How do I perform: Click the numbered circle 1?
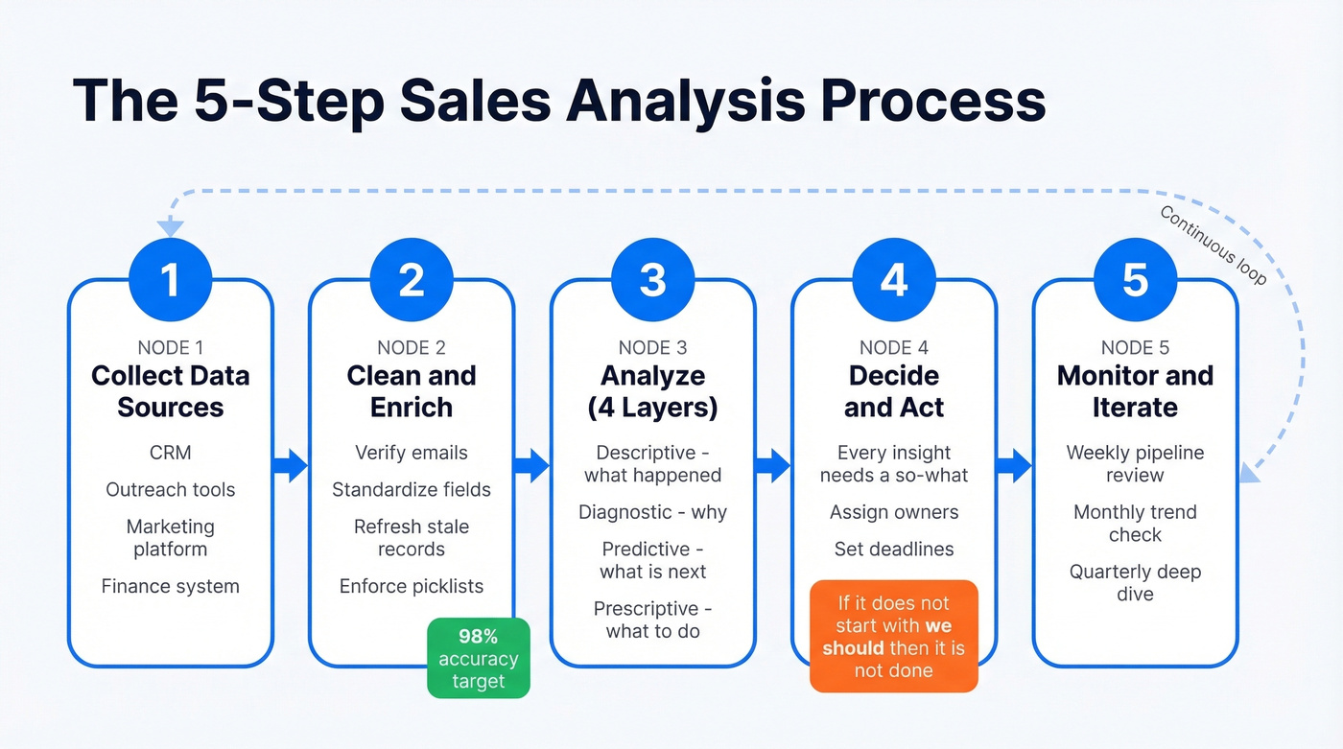(170, 280)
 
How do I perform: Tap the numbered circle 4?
(893, 280)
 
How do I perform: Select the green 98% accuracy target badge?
(478, 658)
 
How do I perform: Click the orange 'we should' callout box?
(893, 636)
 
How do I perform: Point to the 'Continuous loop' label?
(1213, 246)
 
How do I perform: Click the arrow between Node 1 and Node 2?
(291, 466)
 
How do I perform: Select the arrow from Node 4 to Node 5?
(1014, 466)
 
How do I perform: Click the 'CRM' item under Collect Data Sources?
(170, 452)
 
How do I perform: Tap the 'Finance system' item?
(170, 586)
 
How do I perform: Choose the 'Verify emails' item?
(412, 452)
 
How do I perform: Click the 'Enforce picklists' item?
(412, 586)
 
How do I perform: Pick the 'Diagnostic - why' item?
(652, 512)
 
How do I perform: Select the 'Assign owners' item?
(893, 512)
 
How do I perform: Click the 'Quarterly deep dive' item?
(1135, 582)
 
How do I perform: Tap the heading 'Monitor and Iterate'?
(1135, 391)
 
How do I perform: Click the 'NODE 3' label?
(652, 347)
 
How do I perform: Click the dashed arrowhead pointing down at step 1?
(170, 228)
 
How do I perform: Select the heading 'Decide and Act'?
(893, 391)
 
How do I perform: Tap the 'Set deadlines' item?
(893, 550)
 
